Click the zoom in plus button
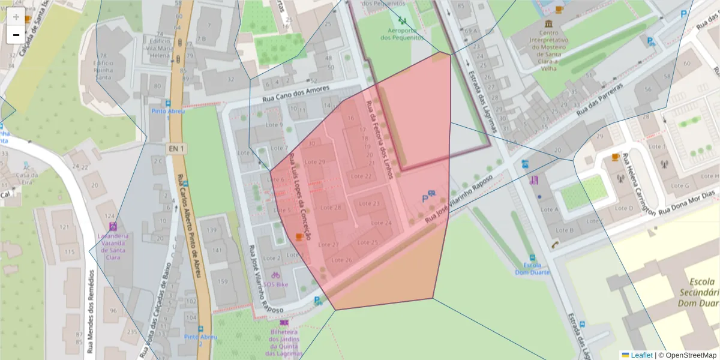(x=16, y=17)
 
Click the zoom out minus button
(x=16, y=35)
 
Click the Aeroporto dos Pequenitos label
(x=401, y=33)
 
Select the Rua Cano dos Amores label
(x=295, y=95)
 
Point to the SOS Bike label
(x=276, y=284)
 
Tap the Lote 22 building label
(x=361, y=176)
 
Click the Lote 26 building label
(x=341, y=260)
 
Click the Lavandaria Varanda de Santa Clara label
(x=113, y=246)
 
